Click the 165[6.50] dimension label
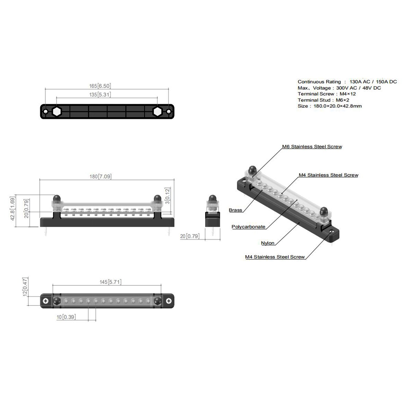click(100, 86)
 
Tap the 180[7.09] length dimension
click(101, 177)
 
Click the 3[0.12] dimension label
click(168, 195)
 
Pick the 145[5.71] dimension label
click(110, 282)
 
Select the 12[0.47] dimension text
click(25, 287)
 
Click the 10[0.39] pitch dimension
click(66, 317)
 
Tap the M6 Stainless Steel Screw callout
click(312, 147)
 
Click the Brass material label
click(236, 210)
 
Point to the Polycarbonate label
click(248, 227)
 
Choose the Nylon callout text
click(268, 243)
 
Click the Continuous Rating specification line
click(347, 82)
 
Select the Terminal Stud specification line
click(323, 100)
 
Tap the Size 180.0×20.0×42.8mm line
click(330, 106)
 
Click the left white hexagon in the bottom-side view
click(57, 112)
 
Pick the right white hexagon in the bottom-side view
click(157, 112)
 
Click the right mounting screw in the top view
click(169, 301)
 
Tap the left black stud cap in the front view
click(56, 198)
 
